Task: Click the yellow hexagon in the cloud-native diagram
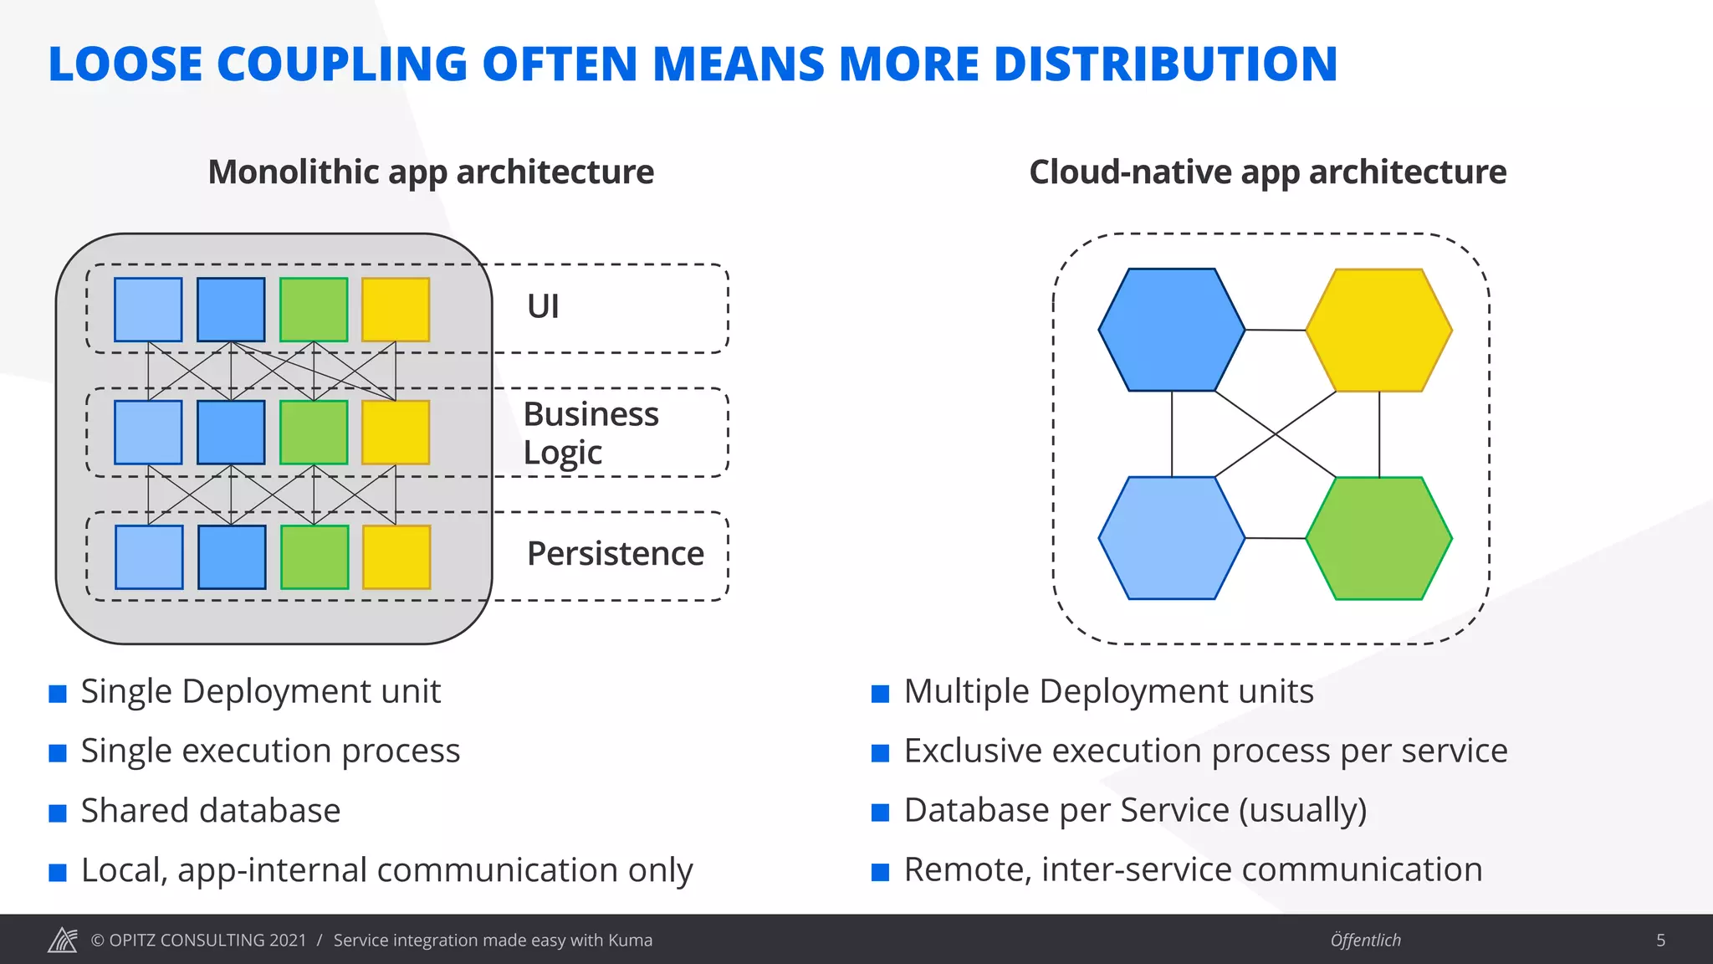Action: point(1378,330)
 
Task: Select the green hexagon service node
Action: point(1378,538)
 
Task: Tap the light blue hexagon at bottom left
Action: point(1171,538)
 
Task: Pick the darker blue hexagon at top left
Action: point(1171,330)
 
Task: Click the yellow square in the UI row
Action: point(396,310)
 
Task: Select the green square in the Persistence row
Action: point(314,557)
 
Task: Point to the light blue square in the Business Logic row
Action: point(148,433)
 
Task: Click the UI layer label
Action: point(543,306)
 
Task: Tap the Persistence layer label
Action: point(615,554)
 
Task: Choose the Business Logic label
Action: point(591,433)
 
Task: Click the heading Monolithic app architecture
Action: point(431,172)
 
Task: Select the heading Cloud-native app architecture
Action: point(1267,172)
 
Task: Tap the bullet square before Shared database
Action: point(58,813)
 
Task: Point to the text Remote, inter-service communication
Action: point(1193,870)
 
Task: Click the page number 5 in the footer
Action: point(1660,941)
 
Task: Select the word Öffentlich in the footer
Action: point(1365,941)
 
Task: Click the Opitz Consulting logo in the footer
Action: point(63,941)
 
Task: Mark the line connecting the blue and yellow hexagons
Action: point(1275,331)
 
